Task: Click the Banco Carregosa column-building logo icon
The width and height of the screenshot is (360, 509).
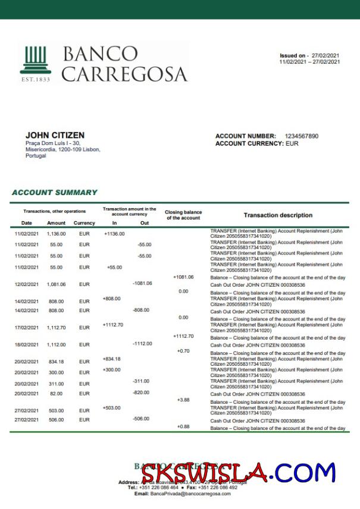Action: pyautogui.click(x=36, y=59)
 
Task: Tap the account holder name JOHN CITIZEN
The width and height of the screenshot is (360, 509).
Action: pyautogui.click(x=55, y=136)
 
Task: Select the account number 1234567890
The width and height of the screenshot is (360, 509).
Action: pyautogui.click(x=302, y=136)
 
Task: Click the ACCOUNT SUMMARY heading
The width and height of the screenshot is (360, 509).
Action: pyautogui.click(x=54, y=193)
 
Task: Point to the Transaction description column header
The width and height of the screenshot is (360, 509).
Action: pyautogui.click(x=278, y=215)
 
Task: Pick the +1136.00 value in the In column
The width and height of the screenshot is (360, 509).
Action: pyautogui.click(x=114, y=234)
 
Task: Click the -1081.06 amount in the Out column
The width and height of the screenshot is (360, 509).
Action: pyautogui.click(x=143, y=283)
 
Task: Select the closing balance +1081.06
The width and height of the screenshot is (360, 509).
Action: pyautogui.click(x=183, y=277)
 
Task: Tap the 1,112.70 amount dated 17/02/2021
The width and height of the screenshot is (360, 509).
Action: pyautogui.click(x=56, y=328)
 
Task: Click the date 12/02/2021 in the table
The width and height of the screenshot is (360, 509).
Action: pyautogui.click(x=27, y=285)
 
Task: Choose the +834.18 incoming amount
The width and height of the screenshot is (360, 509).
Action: pyautogui.click(x=112, y=359)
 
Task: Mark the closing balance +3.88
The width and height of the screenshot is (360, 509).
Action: pyautogui.click(x=183, y=400)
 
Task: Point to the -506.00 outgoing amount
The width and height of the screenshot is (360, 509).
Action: pyautogui.click(x=141, y=419)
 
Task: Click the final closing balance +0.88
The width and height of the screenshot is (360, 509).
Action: pyautogui.click(x=183, y=427)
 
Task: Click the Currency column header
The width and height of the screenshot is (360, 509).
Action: pyautogui.click(x=84, y=223)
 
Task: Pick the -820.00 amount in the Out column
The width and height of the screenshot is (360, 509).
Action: pyautogui.click(x=141, y=392)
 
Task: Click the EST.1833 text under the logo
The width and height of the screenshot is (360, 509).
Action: pyautogui.click(x=36, y=79)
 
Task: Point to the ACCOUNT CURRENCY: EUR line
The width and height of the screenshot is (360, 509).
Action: pyautogui.click(x=257, y=143)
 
